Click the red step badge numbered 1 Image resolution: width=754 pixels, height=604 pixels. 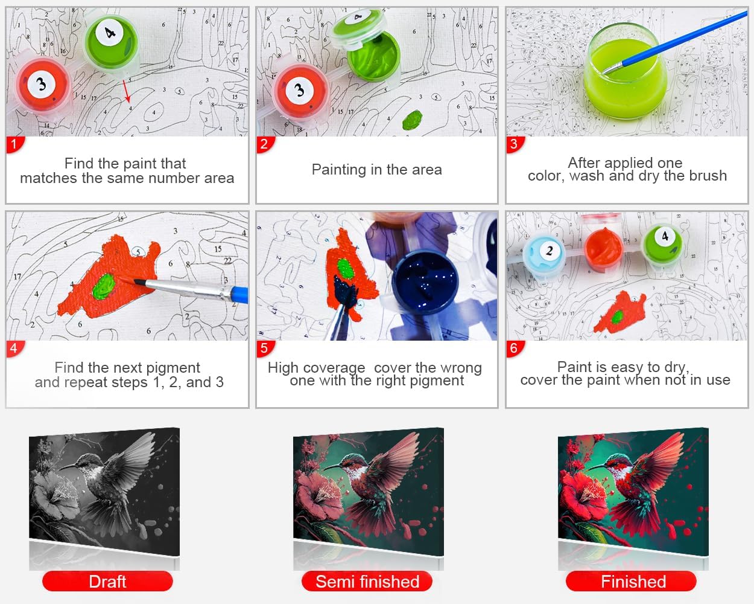pos(14,144)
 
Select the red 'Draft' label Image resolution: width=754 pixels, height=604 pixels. pos(107,582)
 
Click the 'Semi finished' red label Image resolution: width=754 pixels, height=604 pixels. pos(367,582)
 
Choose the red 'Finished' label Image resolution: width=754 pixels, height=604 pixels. pos(632,582)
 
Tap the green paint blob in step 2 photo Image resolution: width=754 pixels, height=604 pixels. pos(413,120)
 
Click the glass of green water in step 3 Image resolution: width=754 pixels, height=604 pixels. pos(626,71)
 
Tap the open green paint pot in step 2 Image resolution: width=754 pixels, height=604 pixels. pos(373,57)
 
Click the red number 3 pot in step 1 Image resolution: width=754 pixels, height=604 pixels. pos(43,85)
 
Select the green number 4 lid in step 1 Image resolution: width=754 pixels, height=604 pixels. pos(112,42)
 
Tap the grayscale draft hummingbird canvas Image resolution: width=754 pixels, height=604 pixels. pos(104,491)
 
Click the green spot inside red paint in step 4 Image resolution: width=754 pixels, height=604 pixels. pos(104,287)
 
